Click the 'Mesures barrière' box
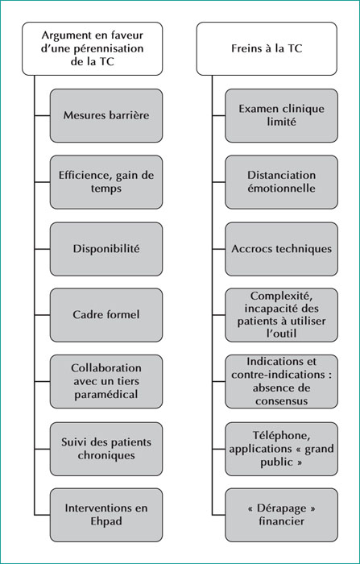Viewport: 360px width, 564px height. click(106, 115)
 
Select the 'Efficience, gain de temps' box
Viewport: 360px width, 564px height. click(106, 182)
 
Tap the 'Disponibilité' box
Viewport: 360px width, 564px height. click(106, 249)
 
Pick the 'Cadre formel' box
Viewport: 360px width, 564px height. click(106, 315)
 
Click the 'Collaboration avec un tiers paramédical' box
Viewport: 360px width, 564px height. click(106, 381)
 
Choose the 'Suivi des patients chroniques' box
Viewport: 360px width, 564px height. click(106, 449)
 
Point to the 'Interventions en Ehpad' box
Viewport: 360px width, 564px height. click(106, 515)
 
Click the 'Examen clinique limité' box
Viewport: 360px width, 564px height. click(282, 115)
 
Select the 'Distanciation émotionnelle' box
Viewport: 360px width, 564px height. click(282, 182)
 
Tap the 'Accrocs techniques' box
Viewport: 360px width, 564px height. click(282, 249)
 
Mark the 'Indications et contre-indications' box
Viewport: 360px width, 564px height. click(282, 381)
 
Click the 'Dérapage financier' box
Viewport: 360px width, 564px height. click(282, 515)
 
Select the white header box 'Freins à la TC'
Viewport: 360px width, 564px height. click(267, 48)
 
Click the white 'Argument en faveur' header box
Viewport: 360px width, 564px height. click(93, 48)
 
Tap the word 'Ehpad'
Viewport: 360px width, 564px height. click(106, 521)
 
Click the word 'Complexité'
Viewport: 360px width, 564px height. click(279, 296)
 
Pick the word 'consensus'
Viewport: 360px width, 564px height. click(282, 401)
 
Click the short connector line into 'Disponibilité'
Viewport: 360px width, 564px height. click(42, 249)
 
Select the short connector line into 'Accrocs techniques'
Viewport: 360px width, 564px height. click(219, 249)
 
